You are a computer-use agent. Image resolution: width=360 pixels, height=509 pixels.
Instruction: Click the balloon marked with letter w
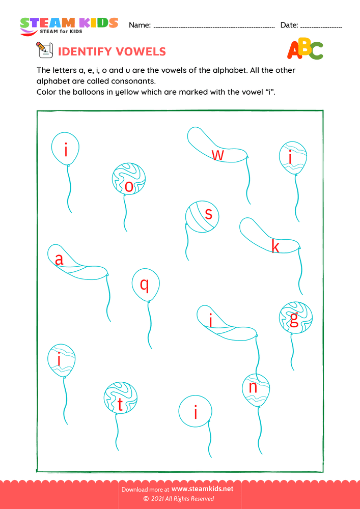pyautogui.click(x=216, y=148)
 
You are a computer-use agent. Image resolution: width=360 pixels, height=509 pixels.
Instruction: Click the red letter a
pyautogui.click(x=59, y=260)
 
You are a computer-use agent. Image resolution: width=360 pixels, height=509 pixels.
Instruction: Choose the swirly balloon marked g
pyautogui.click(x=295, y=318)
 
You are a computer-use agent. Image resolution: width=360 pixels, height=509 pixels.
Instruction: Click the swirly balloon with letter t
pyautogui.click(x=121, y=398)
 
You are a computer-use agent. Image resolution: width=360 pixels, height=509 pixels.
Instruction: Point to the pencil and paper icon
pyautogui.click(x=44, y=50)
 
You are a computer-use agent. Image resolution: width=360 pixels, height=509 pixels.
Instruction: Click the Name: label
pyautogui.click(x=140, y=25)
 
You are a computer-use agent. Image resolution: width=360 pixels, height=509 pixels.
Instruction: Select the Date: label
pyautogui.click(x=289, y=25)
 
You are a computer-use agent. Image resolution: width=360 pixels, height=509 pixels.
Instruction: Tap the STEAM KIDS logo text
pyautogui.click(x=69, y=23)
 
